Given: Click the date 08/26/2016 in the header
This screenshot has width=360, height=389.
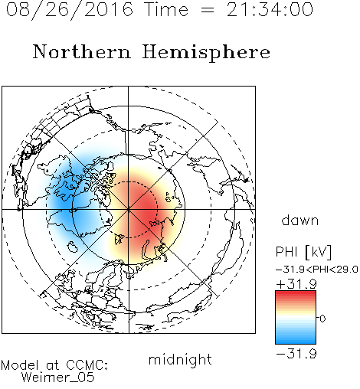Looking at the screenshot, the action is tap(70, 10).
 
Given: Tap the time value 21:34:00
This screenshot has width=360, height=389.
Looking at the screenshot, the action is tap(270, 9).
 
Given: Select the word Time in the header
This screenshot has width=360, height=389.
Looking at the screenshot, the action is tap(166, 9).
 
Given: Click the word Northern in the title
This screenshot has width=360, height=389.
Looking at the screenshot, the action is tap(82, 52).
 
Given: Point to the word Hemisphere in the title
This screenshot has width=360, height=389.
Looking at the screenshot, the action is tap(206, 53).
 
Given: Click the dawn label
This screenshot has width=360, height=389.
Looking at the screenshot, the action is tap(300, 220).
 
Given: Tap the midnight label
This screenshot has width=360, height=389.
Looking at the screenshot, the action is tap(180, 360).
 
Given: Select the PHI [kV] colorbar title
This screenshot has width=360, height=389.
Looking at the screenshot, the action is tap(303, 252).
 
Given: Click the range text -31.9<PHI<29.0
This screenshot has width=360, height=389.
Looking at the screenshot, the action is tap(317, 270).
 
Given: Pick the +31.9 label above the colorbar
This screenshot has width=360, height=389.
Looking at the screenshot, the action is tap(296, 284).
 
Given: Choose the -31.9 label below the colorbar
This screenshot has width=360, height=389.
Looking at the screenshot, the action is tap(296, 354).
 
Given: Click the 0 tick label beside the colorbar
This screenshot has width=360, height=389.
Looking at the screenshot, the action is tap(322, 319).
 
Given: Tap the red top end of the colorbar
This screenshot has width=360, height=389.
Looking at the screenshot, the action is tap(296, 293).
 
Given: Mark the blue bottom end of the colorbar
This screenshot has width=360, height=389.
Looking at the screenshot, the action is tap(296, 342).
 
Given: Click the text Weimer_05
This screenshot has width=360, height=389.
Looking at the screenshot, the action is tap(58, 378).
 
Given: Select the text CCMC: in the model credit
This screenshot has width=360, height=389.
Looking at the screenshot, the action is tap(87, 365).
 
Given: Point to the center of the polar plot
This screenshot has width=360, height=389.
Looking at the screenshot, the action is tap(129, 210).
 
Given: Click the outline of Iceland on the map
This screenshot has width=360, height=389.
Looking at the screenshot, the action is tap(72, 247).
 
